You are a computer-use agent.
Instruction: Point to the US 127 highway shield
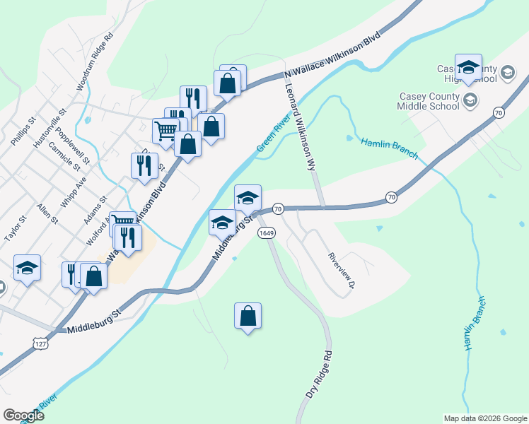pos(40,343)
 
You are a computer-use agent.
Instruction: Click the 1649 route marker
pos(266,232)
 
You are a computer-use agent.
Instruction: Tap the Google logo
pos(23,416)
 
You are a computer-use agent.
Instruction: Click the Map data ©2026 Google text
pos(484,418)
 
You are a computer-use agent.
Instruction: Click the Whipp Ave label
pos(74,192)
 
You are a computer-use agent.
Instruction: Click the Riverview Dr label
pos(341,271)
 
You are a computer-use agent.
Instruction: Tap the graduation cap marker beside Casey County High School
pos(468,67)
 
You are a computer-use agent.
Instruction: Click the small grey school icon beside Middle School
pos(470,102)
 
